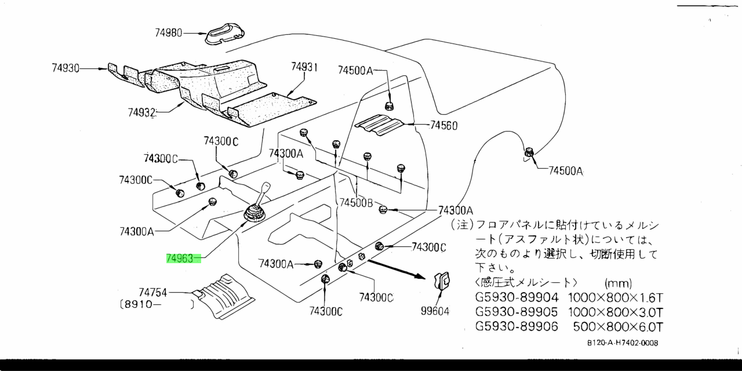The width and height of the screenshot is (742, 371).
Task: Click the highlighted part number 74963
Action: [x=180, y=259]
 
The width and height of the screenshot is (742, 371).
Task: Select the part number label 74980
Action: [x=168, y=33]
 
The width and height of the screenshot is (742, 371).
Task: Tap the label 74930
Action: [x=65, y=68]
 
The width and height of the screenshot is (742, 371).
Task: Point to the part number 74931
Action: [x=304, y=67]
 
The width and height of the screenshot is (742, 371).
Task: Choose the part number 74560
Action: [x=443, y=125]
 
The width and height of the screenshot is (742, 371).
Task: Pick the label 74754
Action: [x=152, y=293]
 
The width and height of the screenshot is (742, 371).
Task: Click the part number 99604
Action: [x=435, y=311]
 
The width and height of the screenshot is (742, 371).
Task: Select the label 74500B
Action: [x=357, y=203]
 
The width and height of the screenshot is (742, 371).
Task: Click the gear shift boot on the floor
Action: [x=254, y=213]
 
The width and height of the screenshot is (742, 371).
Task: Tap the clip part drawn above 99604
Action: [x=442, y=282]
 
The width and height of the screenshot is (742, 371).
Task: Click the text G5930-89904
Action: [x=517, y=298]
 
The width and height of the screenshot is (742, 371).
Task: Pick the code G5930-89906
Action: [x=517, y=326]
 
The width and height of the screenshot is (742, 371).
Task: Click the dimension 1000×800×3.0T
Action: [x=615, y=312]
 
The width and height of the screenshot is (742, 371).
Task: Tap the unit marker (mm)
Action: [x=618, y=283]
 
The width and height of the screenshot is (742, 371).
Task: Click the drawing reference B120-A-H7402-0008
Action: [x=622, y=343]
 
